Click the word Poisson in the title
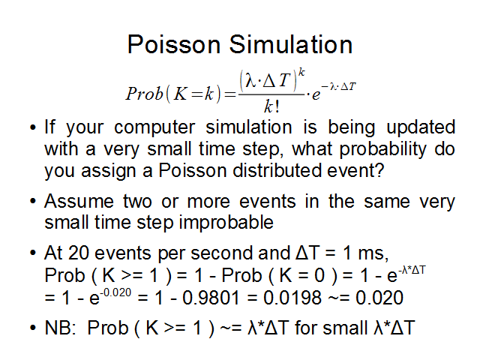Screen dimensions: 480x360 point(174,44)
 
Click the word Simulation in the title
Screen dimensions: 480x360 point(291,44)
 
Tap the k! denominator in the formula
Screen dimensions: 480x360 point(271,106)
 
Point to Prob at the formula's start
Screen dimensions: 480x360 point(144,93)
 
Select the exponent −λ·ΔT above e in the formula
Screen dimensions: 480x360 point(339,87)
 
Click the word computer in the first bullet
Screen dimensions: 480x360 point(154,127)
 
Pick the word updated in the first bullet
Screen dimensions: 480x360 point(421,127)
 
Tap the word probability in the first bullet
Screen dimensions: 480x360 point(383,149)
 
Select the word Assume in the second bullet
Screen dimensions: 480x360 point(79,202)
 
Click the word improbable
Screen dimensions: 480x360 point(226,223)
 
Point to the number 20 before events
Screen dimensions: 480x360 point(79,253)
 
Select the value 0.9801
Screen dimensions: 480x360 point(211,298)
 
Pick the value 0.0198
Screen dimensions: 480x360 point(292,298)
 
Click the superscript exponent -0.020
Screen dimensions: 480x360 point(116,292)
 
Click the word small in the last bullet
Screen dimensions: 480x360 point(345,328)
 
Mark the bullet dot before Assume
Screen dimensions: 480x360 point(33,202)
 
